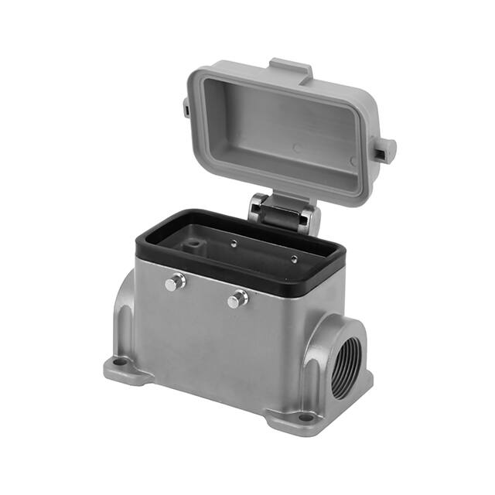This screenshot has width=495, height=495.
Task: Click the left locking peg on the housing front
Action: (176, 283)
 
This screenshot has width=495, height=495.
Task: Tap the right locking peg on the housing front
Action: (237, 299)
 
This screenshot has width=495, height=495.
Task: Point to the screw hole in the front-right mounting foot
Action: (306, 418)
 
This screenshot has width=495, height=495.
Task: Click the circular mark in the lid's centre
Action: (297, 147)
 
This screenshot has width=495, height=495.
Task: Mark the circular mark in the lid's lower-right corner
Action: (352, 162)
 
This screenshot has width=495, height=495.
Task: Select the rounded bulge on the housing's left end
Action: (123, 317)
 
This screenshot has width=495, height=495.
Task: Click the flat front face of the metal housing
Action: (217, 340)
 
